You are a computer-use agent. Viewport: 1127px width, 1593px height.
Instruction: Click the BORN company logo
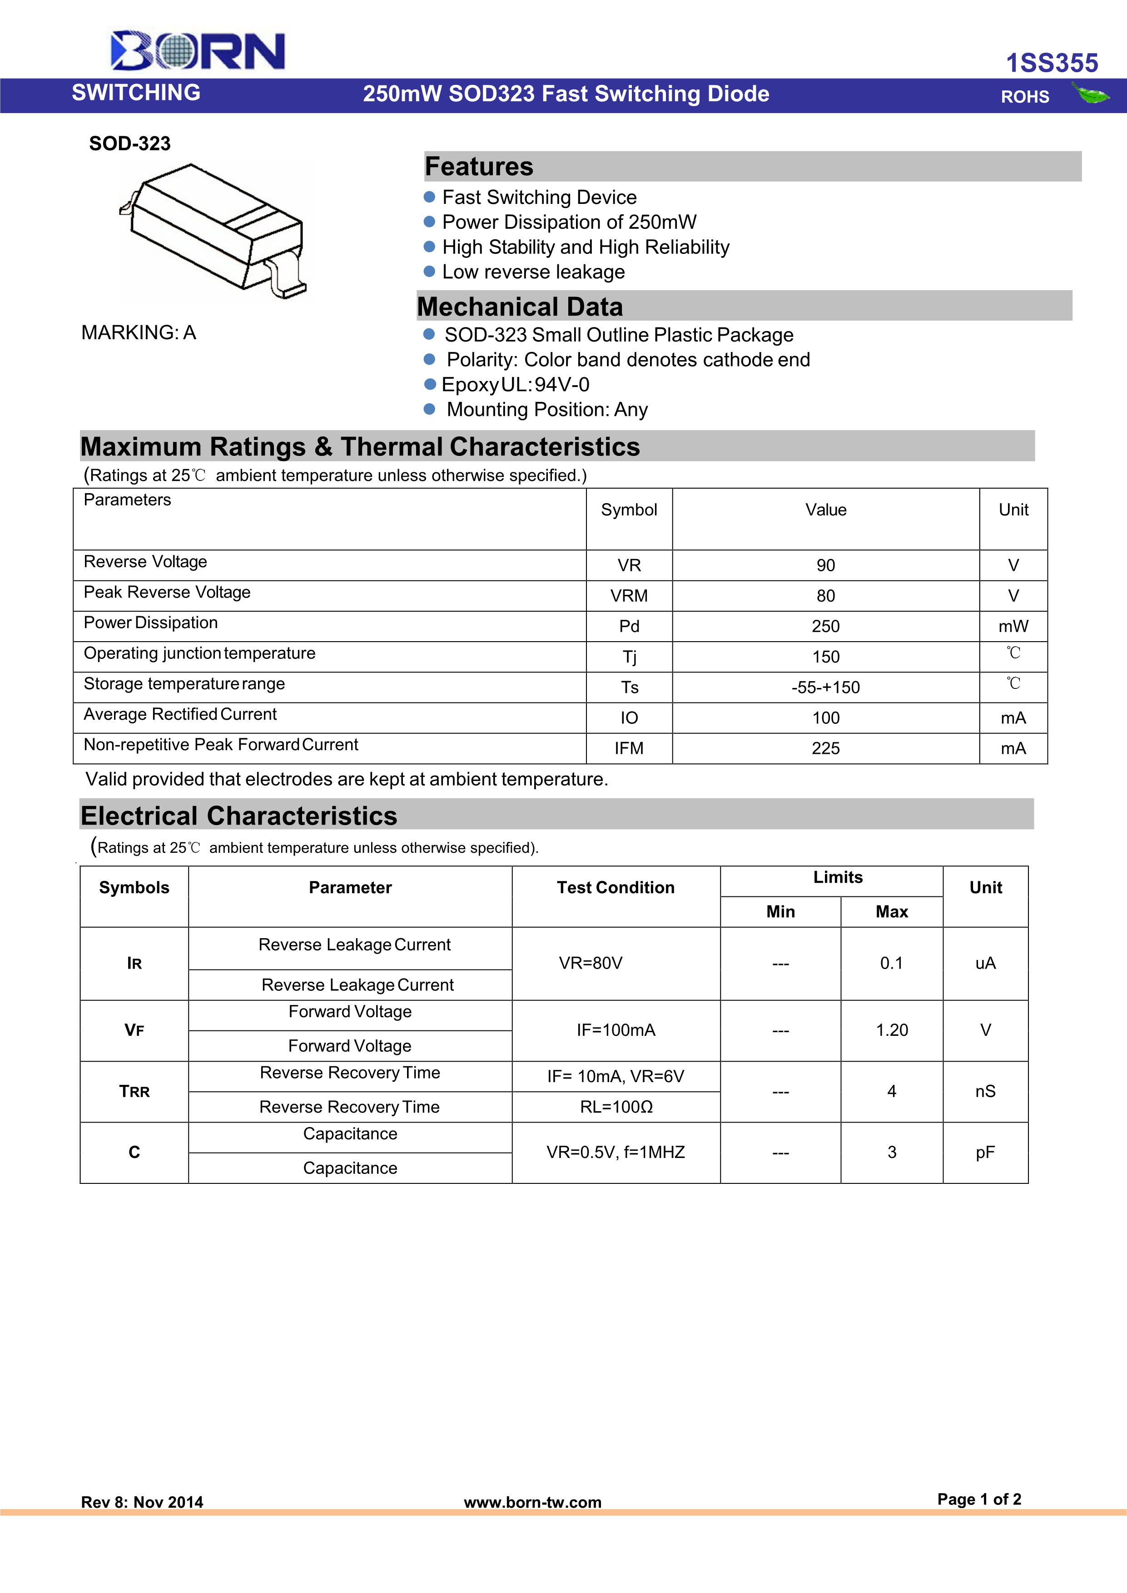198,51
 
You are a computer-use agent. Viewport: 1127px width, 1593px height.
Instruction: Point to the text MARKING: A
139,333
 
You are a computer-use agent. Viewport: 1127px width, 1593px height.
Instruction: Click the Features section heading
479,167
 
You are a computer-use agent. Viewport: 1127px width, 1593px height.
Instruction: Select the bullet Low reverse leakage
533,272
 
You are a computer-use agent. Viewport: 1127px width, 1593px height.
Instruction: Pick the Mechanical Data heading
520,307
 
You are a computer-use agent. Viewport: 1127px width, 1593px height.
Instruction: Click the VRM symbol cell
629,596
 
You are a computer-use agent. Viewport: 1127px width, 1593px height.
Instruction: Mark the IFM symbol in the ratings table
629,749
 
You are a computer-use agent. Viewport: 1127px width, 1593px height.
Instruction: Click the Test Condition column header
616,888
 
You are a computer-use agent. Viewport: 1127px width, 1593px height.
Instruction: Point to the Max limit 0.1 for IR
891,963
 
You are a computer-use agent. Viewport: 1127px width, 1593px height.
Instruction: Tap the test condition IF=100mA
616,1030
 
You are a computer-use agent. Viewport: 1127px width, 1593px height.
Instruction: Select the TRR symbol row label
134,1091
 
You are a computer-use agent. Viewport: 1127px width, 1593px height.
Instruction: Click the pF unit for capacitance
985,1153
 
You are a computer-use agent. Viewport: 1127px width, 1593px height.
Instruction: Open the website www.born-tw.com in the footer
532,1502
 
